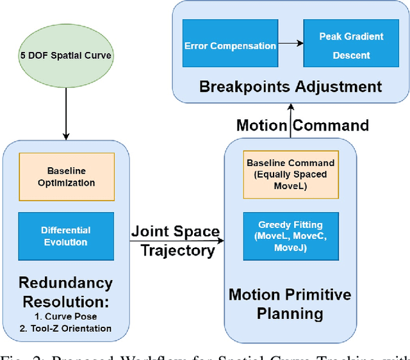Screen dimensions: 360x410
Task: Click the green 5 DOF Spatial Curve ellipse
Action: [x=65, y=55]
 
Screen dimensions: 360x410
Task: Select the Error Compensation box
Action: [x=230, y=45]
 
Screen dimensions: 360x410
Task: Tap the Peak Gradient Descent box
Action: [x=343, y=45]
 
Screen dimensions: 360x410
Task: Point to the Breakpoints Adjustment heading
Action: [x=290, y=86]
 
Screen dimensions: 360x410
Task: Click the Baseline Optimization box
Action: [x=67, y=177]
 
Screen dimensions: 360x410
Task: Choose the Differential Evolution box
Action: [x=66, y=236]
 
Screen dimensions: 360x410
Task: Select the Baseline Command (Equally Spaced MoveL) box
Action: [x=291, y=175]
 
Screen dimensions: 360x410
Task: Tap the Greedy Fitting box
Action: [x=291, y=236]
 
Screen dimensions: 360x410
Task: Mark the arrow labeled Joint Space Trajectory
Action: [x=177, y=241]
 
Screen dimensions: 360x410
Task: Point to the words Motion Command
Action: [x=302, y=124]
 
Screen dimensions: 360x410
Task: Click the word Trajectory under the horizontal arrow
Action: [x=177, y=250]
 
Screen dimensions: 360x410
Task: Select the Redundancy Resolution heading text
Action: [x=65, y=291]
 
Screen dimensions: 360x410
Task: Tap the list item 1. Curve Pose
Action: [x=65, y=316]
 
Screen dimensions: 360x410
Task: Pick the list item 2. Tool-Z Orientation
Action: [x=65, y=329]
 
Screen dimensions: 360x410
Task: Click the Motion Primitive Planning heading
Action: [x=291, y=304]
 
